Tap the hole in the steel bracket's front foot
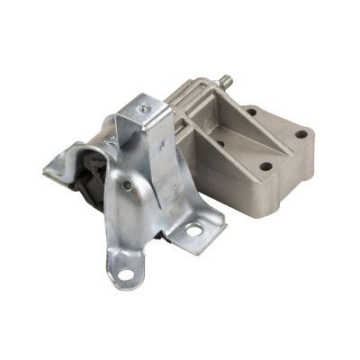pyautogui.click(x=127, y=274)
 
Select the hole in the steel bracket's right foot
pyautogui.click(x=193, y=231)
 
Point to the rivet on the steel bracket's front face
pyautogui.click(x=128, y=186)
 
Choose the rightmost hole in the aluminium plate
pyautogui.click(x=300, y=134)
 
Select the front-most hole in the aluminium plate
pyautogui.click(x=267, y=166)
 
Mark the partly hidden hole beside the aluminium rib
pyautogui.click(x=220, y=142)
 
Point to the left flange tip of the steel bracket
pyautogui.click(x=50, y=168)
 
